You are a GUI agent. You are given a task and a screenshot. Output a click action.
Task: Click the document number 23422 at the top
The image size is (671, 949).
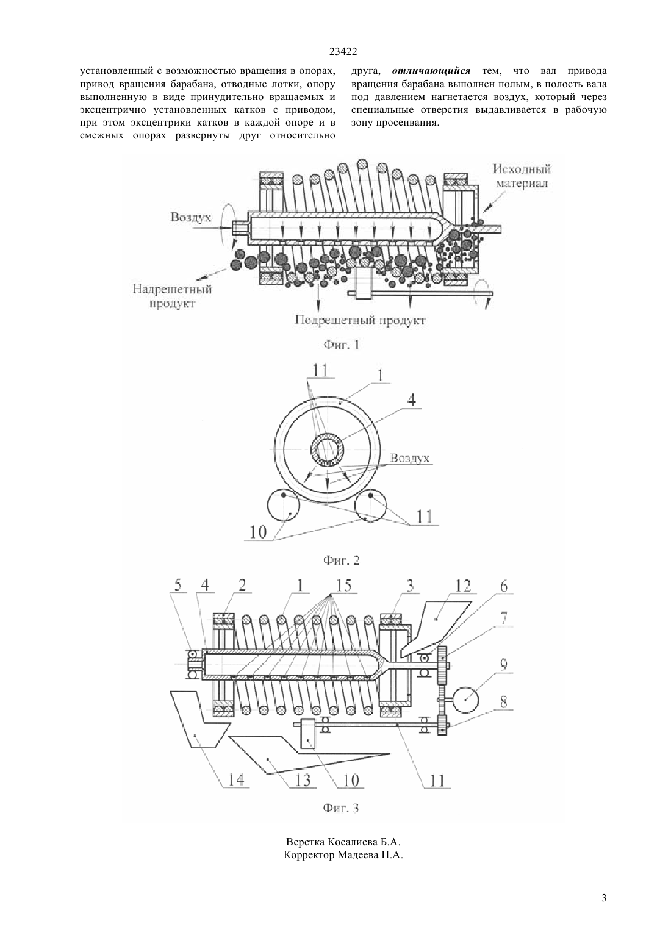coord(343,52)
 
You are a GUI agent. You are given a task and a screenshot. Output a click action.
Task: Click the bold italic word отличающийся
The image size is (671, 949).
coord(431,71)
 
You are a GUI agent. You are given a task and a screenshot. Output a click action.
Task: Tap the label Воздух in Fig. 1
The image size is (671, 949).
coord(190,217)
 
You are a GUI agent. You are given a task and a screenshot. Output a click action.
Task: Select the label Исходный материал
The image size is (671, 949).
coord(522,176)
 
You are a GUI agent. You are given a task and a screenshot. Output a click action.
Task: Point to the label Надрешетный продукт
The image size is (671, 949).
coord(172,296)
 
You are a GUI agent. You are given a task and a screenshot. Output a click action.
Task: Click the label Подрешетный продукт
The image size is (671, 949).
coord(360,321)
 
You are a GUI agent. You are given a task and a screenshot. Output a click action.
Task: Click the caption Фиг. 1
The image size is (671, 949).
coord(342,345)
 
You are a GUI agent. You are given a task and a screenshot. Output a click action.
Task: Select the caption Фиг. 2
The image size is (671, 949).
coord(342,560)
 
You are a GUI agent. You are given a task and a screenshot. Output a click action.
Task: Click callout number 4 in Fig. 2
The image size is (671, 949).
coord(411,399)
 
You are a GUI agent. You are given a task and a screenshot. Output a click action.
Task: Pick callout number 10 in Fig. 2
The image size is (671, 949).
coord(259,532)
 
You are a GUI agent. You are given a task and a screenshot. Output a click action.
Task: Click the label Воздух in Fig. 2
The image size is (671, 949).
coord(410,458)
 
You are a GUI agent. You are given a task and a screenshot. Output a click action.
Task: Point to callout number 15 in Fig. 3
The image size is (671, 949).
coord(343,586)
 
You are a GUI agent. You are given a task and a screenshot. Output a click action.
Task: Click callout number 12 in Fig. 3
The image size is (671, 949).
coord(462,586)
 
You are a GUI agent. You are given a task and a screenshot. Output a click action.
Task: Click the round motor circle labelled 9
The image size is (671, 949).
coord(465,700)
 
